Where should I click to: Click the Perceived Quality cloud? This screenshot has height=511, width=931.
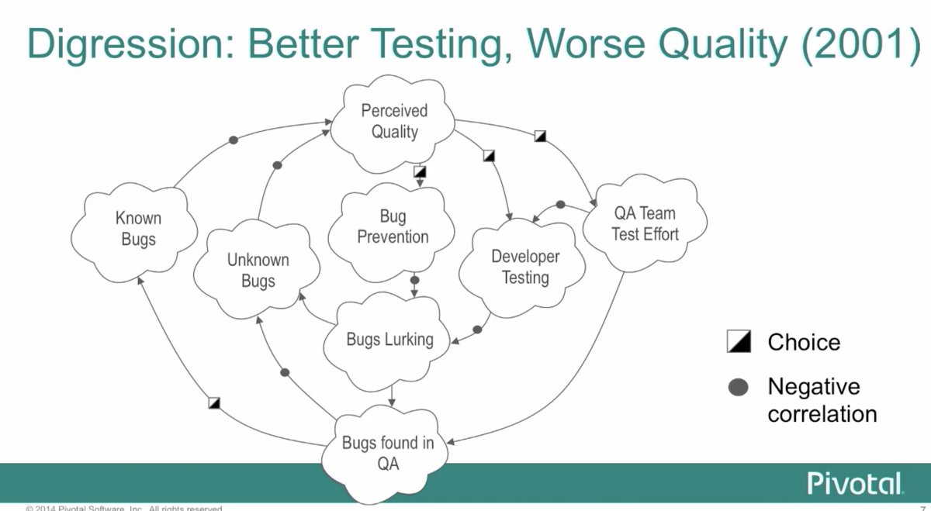point(394,122)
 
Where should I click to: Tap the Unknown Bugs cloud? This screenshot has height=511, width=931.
point(258,271)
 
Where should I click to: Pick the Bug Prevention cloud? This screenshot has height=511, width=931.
point(393,226)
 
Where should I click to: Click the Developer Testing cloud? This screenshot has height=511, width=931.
point(525,267)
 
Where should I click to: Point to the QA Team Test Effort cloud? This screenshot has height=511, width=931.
point(644,223)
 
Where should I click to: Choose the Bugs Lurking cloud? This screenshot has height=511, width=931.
point(389,340)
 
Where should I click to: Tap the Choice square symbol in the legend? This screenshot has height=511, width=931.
point(738,341)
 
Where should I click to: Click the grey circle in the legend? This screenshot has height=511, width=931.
point(739,387)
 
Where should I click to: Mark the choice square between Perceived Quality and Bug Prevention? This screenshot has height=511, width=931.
point(420,171)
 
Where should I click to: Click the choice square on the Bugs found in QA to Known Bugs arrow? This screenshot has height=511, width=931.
point(215,402)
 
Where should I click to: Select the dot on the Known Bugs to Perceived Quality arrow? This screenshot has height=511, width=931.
point(234,140)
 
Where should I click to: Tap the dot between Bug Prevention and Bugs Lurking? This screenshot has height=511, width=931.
point(414,280)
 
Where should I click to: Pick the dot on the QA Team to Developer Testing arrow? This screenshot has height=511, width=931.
point(560,205)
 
